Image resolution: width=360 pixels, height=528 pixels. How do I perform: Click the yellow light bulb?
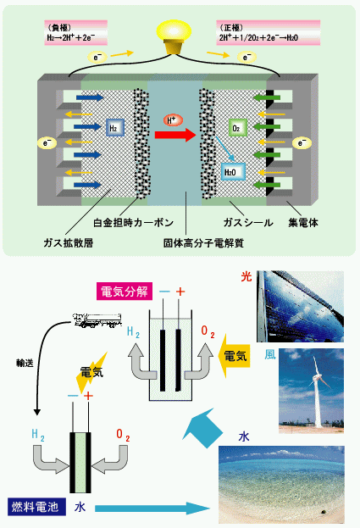click(174, 36)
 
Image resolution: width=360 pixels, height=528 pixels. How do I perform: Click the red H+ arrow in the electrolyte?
click(175, 135)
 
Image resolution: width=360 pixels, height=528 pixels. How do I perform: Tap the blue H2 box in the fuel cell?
click(115, 128)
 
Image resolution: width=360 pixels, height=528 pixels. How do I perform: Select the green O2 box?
click(238, 128)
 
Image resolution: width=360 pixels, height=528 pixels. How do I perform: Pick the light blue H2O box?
click(233, 172)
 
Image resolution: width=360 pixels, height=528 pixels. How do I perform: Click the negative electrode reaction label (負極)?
click(75, 33)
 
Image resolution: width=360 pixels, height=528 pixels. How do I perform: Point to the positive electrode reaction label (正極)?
click(268, 33)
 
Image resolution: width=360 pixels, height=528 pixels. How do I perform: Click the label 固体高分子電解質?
click(203, 242)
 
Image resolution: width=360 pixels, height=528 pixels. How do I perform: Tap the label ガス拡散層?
click(69, 242)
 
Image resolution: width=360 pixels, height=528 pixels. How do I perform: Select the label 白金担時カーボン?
click(134, 223)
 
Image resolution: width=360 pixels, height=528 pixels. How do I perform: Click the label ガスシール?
click(248, 223)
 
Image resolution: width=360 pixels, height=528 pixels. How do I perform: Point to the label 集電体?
click(303, 223)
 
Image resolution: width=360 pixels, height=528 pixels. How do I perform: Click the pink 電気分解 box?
click(125, 292)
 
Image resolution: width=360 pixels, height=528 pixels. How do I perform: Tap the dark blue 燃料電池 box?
click(36, 507)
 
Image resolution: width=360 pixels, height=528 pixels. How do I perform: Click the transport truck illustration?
click(97, 320)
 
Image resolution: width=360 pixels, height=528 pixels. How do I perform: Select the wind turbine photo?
click(311, 391)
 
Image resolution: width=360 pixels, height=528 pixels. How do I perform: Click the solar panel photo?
click(300, 307)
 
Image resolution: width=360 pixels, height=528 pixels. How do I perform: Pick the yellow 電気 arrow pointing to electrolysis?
click(234, 356)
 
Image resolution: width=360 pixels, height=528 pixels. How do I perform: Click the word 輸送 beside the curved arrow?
click(25, 363)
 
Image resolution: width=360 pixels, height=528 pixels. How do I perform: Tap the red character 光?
click(246, 276)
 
